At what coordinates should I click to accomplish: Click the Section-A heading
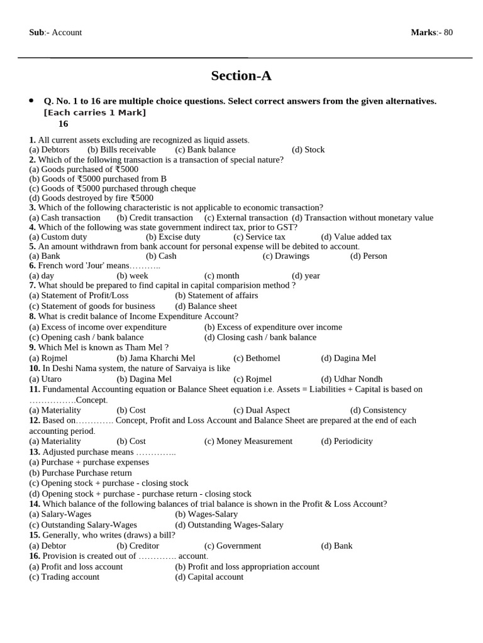pyautogui.click(x=241, y=76)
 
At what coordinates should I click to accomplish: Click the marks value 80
pyautogui.click(x=448, y=33)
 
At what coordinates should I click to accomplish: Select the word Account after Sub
pyautogui.click(x=67, y=33)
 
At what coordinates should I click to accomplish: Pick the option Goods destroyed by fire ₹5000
pyautogui.click(x=91, y=198)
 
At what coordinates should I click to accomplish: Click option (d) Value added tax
pyautogui.click(x=356, y=237)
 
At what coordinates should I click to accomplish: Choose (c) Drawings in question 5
pyautogui.click(x=286, y=256)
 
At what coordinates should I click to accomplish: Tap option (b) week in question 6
pyautogui.click(x=133, y=276)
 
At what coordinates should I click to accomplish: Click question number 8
pyautogui.click(x=33, y=316)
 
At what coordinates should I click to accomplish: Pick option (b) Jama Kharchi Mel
pyautogui.click(x=156, y=358)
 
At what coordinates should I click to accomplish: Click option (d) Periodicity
pyautogui.click(x=347, y=441)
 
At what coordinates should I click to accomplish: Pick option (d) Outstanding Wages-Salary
pyautogui.click(x=229, y=524)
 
